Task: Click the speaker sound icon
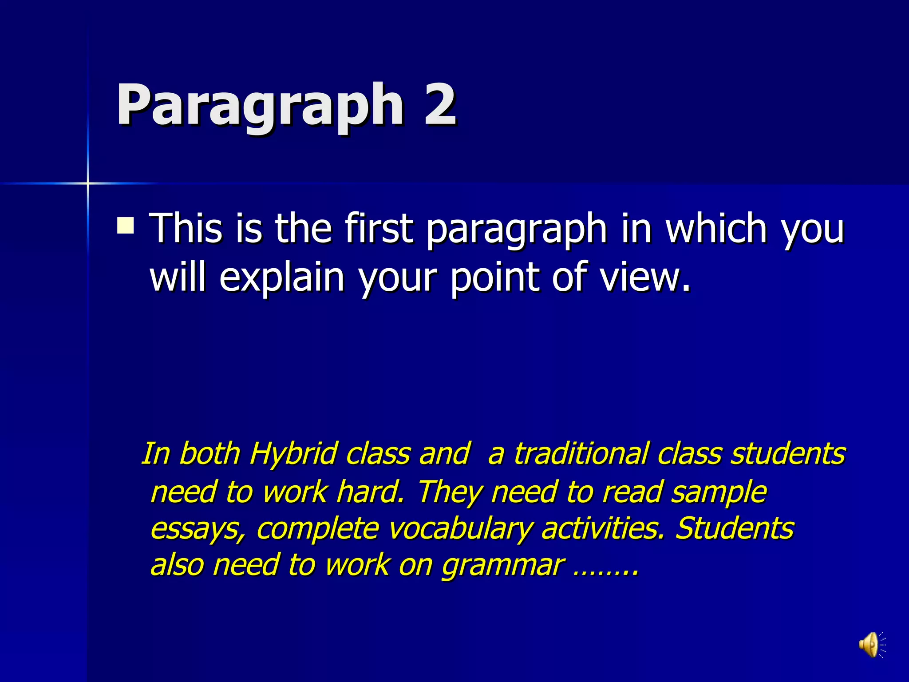coord(871,644)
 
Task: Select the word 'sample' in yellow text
coord(719,492)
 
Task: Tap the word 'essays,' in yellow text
coord(198,528)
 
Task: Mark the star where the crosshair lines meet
coord(88,183)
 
